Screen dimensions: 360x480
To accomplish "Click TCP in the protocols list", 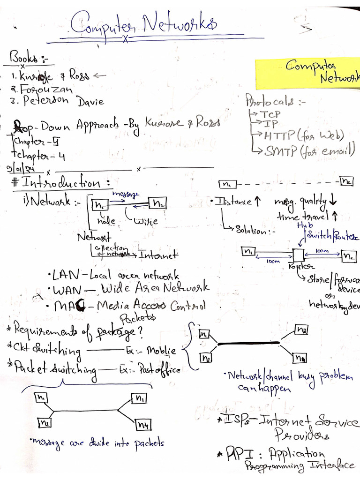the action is click(270, 114).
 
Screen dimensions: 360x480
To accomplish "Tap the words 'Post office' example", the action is click(161, 370).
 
